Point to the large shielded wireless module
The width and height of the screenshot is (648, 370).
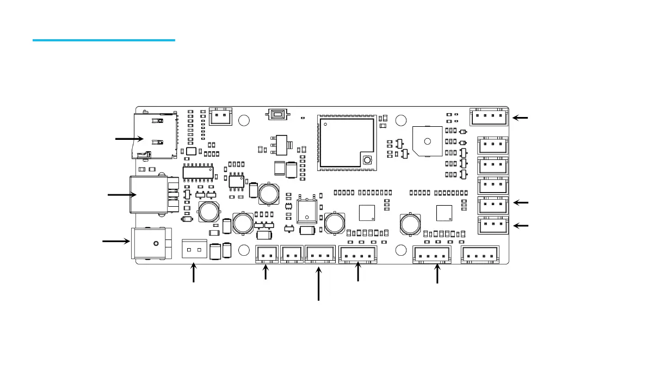(x=347, y=141)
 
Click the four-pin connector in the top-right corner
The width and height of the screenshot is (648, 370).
(x=489, y=116)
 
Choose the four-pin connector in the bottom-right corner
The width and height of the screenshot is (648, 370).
(x=480, y=254)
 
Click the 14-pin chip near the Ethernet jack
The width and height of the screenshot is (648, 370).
(x=198, y=172)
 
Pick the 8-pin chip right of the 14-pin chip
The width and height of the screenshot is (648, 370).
(x=236, y=181)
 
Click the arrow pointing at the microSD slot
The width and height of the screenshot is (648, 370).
(x=129, y=139)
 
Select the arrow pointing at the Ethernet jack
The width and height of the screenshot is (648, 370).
(x=121, y=194)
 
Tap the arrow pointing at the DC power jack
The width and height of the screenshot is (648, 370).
(x=116, y=240)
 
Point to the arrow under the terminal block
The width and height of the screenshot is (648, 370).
(x=193, y=273)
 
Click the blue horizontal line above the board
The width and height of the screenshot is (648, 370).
(x=103, y=40)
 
